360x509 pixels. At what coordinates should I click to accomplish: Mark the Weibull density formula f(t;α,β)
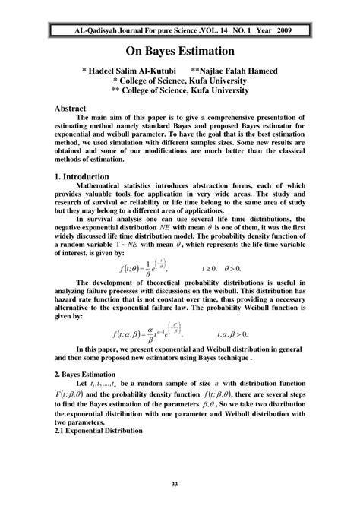pyautogui.click(x=148, y=334)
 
